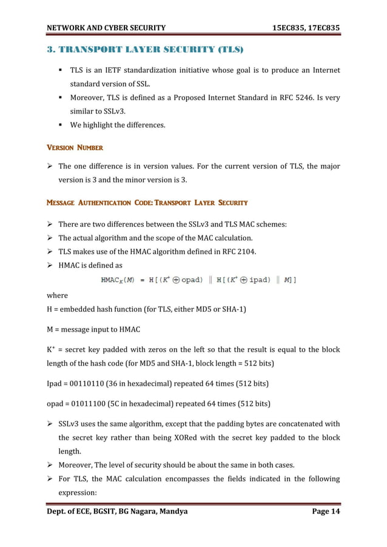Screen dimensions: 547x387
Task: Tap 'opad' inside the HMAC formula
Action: (x=190, y=280)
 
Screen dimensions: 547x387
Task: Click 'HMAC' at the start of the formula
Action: (x=110, y=280)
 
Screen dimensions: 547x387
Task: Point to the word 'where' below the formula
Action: (x=58, y=295)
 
